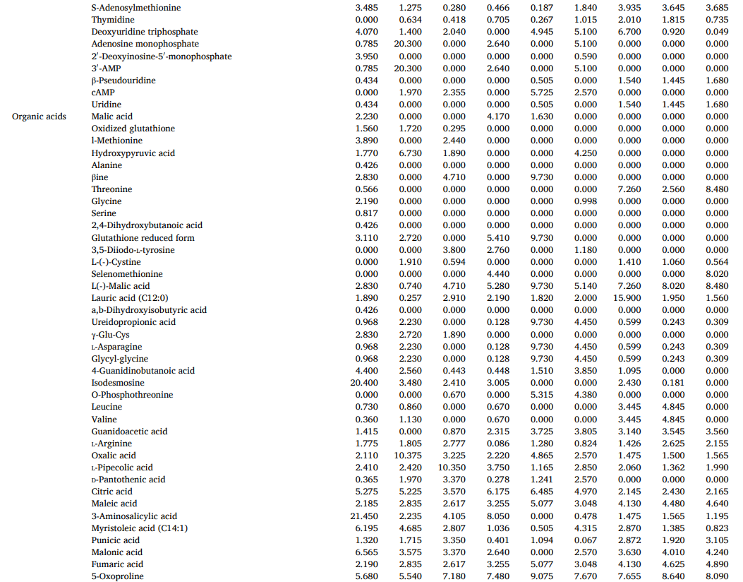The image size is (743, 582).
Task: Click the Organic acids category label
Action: [39, 117]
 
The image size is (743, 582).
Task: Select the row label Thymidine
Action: [112, 20]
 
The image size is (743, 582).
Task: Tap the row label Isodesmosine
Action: [117, 383]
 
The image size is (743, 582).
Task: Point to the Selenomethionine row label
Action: [126, 274]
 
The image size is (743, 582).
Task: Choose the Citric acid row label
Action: [111, 492]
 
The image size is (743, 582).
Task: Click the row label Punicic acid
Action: [115, 540]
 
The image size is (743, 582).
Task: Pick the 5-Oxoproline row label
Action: [117, 576]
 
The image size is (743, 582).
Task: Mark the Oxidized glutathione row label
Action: [133, 129]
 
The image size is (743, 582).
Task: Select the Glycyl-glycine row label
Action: [119, 359]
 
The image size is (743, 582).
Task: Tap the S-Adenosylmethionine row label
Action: [135, 8]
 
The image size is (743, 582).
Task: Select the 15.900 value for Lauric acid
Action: [627, 298]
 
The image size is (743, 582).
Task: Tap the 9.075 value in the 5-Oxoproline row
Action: [542, 576]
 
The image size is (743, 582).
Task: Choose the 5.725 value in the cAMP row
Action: [542, 93]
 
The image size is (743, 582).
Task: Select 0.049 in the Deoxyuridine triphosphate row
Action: [717, 32]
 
